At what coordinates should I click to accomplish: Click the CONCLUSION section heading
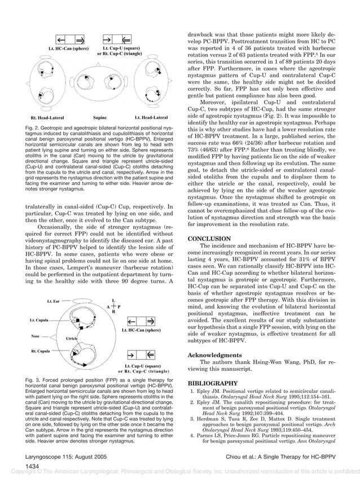coord(209,239)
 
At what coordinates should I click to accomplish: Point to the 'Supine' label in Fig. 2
coord(100,117)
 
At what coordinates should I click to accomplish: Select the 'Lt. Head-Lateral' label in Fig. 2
coord(150,117)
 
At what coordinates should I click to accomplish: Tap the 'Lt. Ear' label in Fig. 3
coord(54,301)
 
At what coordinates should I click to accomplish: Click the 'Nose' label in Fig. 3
coord(36,336)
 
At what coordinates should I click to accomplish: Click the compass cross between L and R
coord(114,305)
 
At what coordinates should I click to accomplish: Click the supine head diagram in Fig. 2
coord(100,87)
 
